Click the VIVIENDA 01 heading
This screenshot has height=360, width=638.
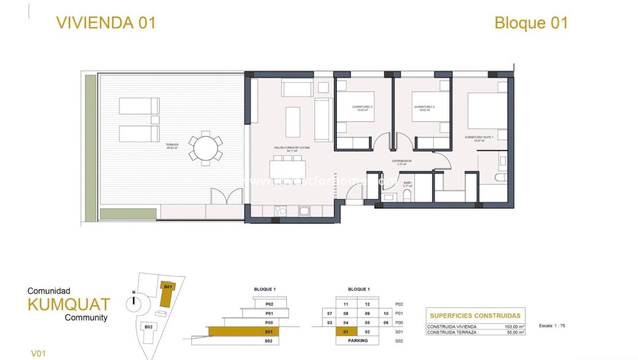(x=106, y=23)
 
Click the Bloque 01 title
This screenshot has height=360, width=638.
(x=531, y=23)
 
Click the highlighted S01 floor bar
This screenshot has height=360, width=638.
(x=243, y=331)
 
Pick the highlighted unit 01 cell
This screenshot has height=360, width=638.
(x=345, y=331)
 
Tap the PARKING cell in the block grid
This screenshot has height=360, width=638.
(x=358, y=341)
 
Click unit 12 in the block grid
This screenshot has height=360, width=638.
(x=368, y=304)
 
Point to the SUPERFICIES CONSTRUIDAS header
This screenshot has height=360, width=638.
(x=475, y=315)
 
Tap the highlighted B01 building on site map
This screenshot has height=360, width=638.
(x=168, y=294)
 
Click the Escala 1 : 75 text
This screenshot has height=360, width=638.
(x=552, y=325)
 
